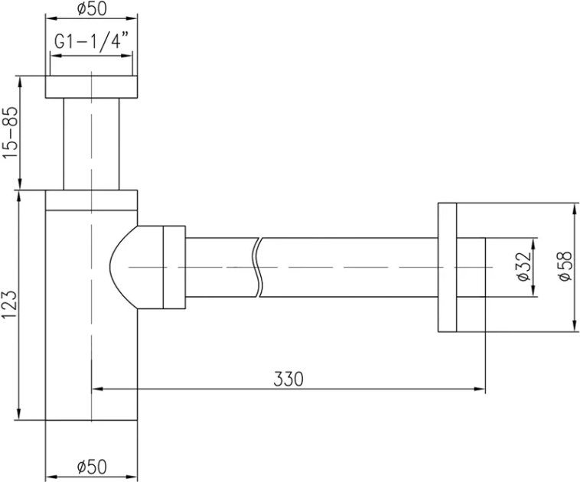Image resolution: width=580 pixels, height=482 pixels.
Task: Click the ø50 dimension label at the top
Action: [x=92, y=9]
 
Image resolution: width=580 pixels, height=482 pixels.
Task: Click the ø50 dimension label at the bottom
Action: [x=92, y=467]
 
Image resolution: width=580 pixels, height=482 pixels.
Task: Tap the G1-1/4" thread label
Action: [x=92, y=41]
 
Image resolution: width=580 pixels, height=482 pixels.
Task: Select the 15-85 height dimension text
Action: [x=10, y=132]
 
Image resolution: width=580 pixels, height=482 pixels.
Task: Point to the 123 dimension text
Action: [x=9, y=305]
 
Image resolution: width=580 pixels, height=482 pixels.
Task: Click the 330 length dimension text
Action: [x=288, y=379]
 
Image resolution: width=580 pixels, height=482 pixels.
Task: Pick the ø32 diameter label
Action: [x=524, y=267]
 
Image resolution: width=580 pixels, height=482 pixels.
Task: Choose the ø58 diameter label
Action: [x=565, y=266]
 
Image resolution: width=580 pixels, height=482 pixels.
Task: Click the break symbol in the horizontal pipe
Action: [x=258, y=267]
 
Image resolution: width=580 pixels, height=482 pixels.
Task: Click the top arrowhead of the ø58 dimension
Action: [x=575, y=209]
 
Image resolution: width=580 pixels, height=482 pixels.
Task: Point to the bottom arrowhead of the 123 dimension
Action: [x=20, y=414]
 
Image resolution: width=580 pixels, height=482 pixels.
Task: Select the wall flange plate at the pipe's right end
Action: [x=447, y=267]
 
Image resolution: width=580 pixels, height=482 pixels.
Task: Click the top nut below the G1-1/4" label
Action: [x=91, y=87]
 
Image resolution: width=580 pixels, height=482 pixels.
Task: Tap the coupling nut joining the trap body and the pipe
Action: [x=174, y=267]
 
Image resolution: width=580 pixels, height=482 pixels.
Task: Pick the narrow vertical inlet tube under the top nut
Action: [x=91, y=144]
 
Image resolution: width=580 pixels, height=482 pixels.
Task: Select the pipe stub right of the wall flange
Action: [x=471, y=267]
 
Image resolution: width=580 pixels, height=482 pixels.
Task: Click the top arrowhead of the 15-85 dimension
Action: [x=20, y=82]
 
